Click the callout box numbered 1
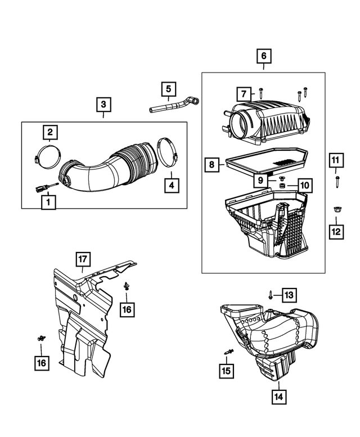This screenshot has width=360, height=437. tap(48, 201)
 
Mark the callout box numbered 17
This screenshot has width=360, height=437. tap(83, 259)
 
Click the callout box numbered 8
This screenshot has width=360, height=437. tap(211, 165)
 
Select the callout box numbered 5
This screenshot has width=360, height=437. tap(168, 89)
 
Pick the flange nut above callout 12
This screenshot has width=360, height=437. tap(336, 208)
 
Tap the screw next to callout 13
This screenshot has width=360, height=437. tap(271, 294)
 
